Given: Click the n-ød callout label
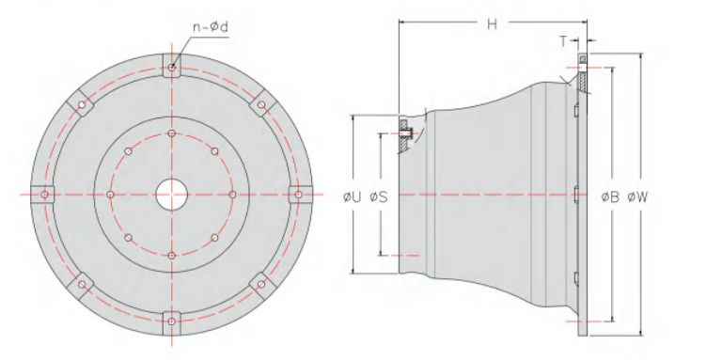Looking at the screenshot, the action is (x=211, y=26).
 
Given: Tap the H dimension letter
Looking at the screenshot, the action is (x=493, y=23).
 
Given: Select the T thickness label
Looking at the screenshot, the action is (x=564, y=41).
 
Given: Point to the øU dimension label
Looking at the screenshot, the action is (x=353, y=197).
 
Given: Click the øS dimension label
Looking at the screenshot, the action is (x=379, y=197).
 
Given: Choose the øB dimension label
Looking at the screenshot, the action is (x=610, y=197).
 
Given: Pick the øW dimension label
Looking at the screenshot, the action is (x=637, y=197).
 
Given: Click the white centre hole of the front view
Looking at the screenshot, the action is (x=172, y=195).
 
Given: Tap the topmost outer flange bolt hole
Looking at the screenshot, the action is (x=172, y=68).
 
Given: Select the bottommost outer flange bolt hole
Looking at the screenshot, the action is (x=172, y=321).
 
